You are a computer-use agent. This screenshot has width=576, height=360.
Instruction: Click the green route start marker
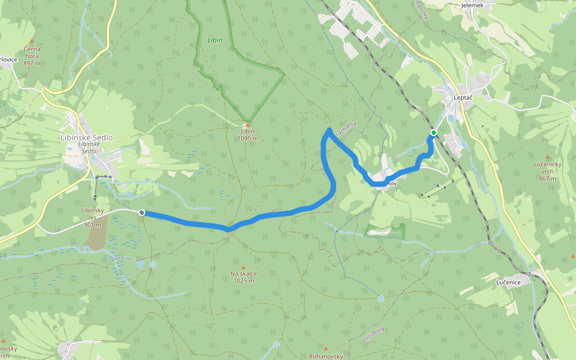click(433, 133)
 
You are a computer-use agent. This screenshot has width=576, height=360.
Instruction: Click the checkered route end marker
click(142, 212)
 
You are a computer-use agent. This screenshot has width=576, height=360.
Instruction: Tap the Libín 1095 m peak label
click(247, 135)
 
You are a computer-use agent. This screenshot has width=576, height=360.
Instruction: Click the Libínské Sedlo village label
click(87, 137)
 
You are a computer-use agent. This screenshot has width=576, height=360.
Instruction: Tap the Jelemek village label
click(472, 5)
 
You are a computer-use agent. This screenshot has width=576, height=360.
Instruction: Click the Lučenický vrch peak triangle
click(547, 157)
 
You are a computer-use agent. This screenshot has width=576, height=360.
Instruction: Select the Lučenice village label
click(512, 281)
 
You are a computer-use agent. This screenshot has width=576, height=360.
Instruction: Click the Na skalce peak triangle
click(244, 268)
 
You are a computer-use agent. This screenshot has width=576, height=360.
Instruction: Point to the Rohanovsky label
click(326, 356)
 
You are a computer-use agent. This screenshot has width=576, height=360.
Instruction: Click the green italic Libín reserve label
click(215, 40)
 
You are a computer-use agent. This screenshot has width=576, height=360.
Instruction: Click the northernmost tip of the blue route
click(329, 130)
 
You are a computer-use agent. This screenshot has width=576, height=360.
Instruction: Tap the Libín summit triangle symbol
click(247, 124)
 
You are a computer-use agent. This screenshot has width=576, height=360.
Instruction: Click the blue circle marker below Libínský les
click(153, 265)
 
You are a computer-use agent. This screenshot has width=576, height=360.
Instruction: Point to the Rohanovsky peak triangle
click(326, 349)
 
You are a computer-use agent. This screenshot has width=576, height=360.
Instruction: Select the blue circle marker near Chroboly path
click(381, 298)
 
